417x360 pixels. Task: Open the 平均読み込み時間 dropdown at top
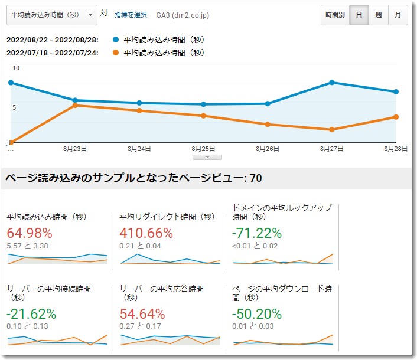[52, 15]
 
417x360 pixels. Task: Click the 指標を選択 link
[131, 15]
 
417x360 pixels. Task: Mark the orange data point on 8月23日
[75, 105]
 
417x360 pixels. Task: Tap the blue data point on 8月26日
[268, 104]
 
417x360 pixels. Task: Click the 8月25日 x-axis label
[203, 149]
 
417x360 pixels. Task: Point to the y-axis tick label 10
[16, 68]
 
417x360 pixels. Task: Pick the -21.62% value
[31, 314]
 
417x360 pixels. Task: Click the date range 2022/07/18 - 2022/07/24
[52, 53]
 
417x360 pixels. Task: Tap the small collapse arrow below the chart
[207, 157]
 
